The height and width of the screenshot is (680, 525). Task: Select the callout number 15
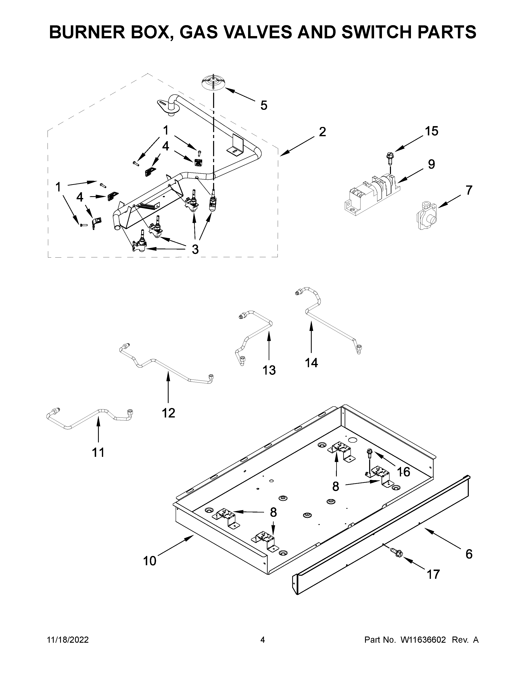coord(431,131)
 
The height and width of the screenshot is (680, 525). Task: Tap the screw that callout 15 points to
coord(389,159)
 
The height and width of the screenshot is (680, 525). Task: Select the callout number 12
coord(168,413)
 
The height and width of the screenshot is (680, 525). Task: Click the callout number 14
coord(311,362)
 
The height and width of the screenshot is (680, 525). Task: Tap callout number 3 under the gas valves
coord(195,249)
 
